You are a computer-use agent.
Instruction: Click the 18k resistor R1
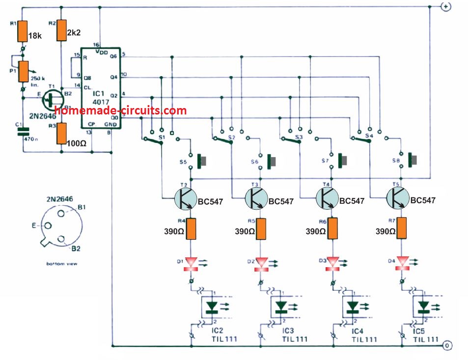[x=22, y=31]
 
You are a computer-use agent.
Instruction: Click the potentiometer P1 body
[x=22, y=69]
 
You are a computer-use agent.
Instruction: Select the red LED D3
[x=334, y=263]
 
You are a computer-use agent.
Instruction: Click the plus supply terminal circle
[x=446, y=7]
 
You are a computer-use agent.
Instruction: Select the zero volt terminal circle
[x=446, y=346]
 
